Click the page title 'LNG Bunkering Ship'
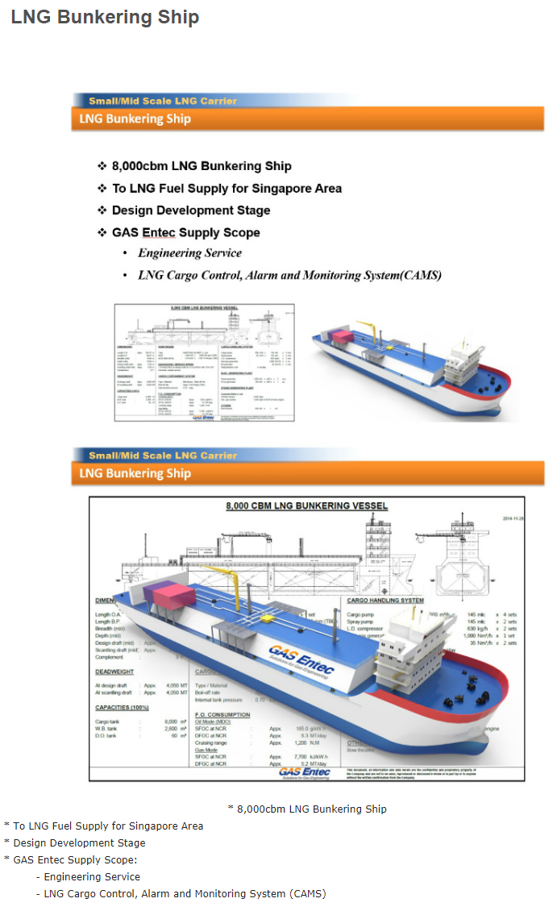pos(105,17)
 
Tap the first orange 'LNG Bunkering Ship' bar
pos(135,119)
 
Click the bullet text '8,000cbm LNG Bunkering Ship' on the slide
pos(202,166)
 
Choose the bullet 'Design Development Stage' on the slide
pos(191,210)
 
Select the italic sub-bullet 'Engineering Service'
pos(189,253)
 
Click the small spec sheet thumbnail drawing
pos(204,362)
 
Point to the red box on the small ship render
pos(341,336)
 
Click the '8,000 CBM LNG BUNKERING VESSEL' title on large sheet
pos(306,506)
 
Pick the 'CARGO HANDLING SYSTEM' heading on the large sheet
pos(385,601)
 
